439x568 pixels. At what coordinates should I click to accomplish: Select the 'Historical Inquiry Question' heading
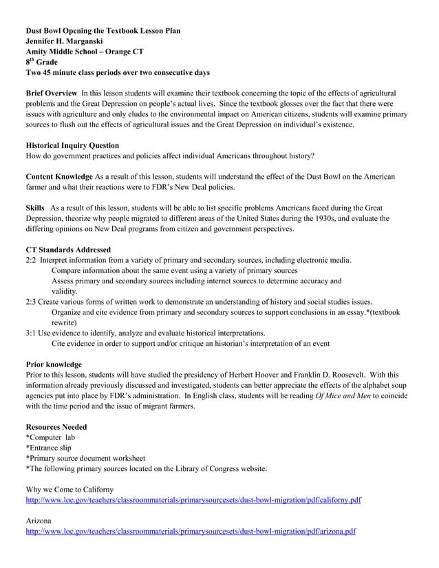click(72, 146)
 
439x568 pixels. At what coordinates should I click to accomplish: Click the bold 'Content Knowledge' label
click(58, 177)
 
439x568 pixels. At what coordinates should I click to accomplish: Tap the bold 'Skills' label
click(35, 208)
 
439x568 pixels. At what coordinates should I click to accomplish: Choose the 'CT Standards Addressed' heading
click(68, 250)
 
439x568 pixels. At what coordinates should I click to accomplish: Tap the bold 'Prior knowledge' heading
click(54, 364)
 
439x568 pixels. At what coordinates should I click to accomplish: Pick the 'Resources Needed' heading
click(56, 427)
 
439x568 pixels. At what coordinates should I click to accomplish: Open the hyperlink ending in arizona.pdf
click(191, 532)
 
